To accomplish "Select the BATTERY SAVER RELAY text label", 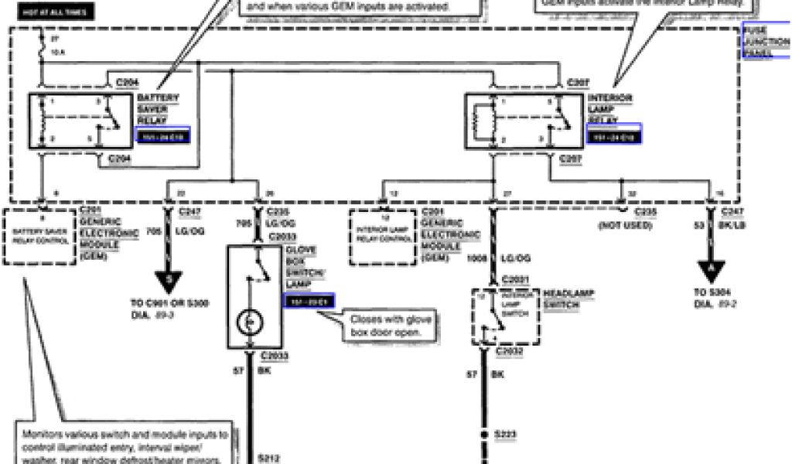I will pos(159,109).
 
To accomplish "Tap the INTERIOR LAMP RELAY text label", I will pos(610,109).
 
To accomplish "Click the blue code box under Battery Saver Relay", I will pos(162,136).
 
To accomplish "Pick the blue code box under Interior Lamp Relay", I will pos(614,136).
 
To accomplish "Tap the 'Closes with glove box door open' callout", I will pos(392,325).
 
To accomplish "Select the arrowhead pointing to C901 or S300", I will pos(168,275).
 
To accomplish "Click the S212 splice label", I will pos(266,457).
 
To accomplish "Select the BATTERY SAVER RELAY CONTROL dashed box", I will pos(40,234).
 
